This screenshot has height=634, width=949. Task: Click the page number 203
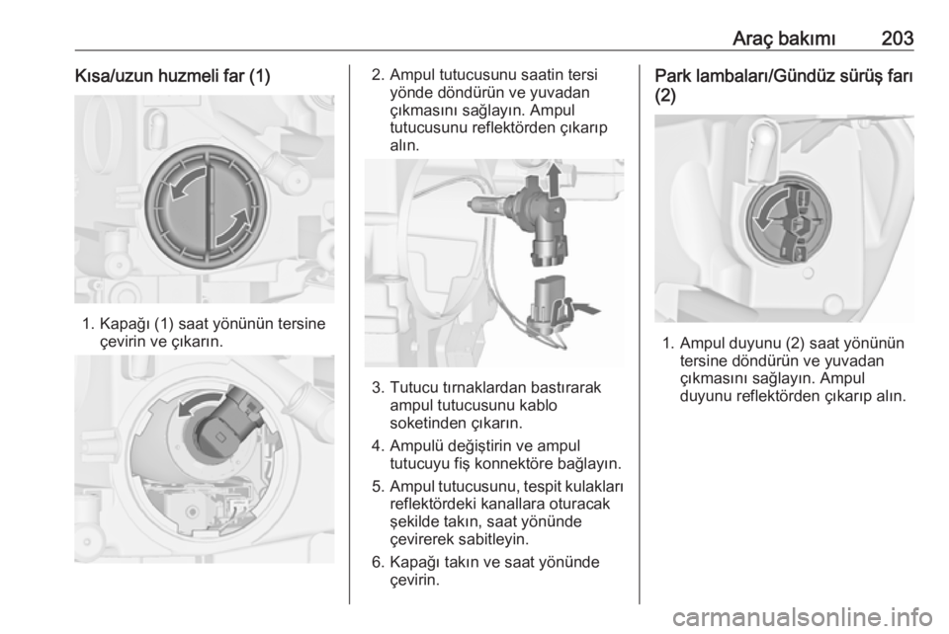click(x=897, y=39)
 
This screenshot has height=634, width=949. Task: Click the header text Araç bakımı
click(x=784, y=39)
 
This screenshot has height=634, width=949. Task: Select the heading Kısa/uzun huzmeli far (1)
click(x=172, y=77)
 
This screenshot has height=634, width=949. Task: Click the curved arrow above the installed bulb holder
click(x=202, y=402)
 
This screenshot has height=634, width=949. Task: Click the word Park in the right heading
click(x=673, y=77)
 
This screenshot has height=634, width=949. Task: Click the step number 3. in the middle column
click(x=379, y=387)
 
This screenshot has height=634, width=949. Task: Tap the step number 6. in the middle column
click(x=379, y=562)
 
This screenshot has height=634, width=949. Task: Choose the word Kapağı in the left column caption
click(x=125, y=325)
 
